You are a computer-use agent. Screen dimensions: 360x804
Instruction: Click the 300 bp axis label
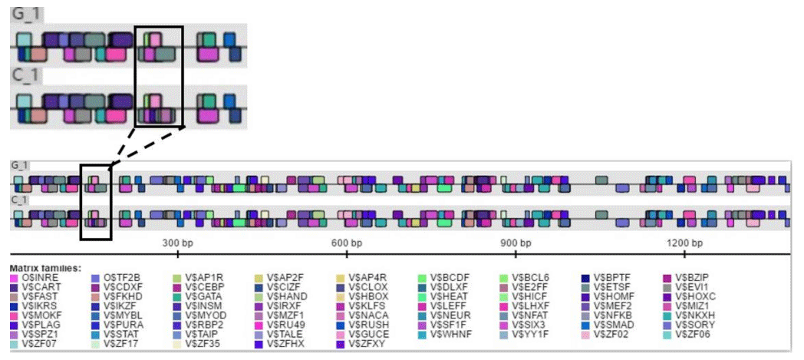coord(177,243)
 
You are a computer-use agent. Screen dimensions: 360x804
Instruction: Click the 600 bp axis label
coord(347,243)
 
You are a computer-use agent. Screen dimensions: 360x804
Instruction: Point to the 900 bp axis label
coord(516,243)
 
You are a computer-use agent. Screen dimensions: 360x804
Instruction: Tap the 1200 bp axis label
coord(682,243)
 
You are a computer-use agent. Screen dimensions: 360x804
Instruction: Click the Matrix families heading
coord(44,267)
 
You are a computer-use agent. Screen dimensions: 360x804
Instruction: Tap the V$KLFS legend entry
coord(368,306)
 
